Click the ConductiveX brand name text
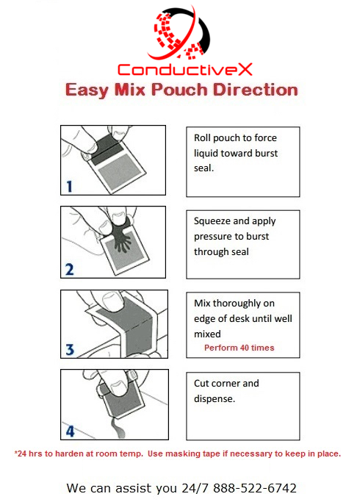point(185,70)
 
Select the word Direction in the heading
point(256,90)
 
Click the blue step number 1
point(70,187)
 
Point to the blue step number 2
point(70,270)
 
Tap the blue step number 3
point(70,350)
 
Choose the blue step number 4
point(70,431)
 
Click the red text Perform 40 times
point(240,348)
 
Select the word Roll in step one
point(202,137)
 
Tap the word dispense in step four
point(215,399)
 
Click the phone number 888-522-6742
point(255,488)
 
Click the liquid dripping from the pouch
point(117,428)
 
